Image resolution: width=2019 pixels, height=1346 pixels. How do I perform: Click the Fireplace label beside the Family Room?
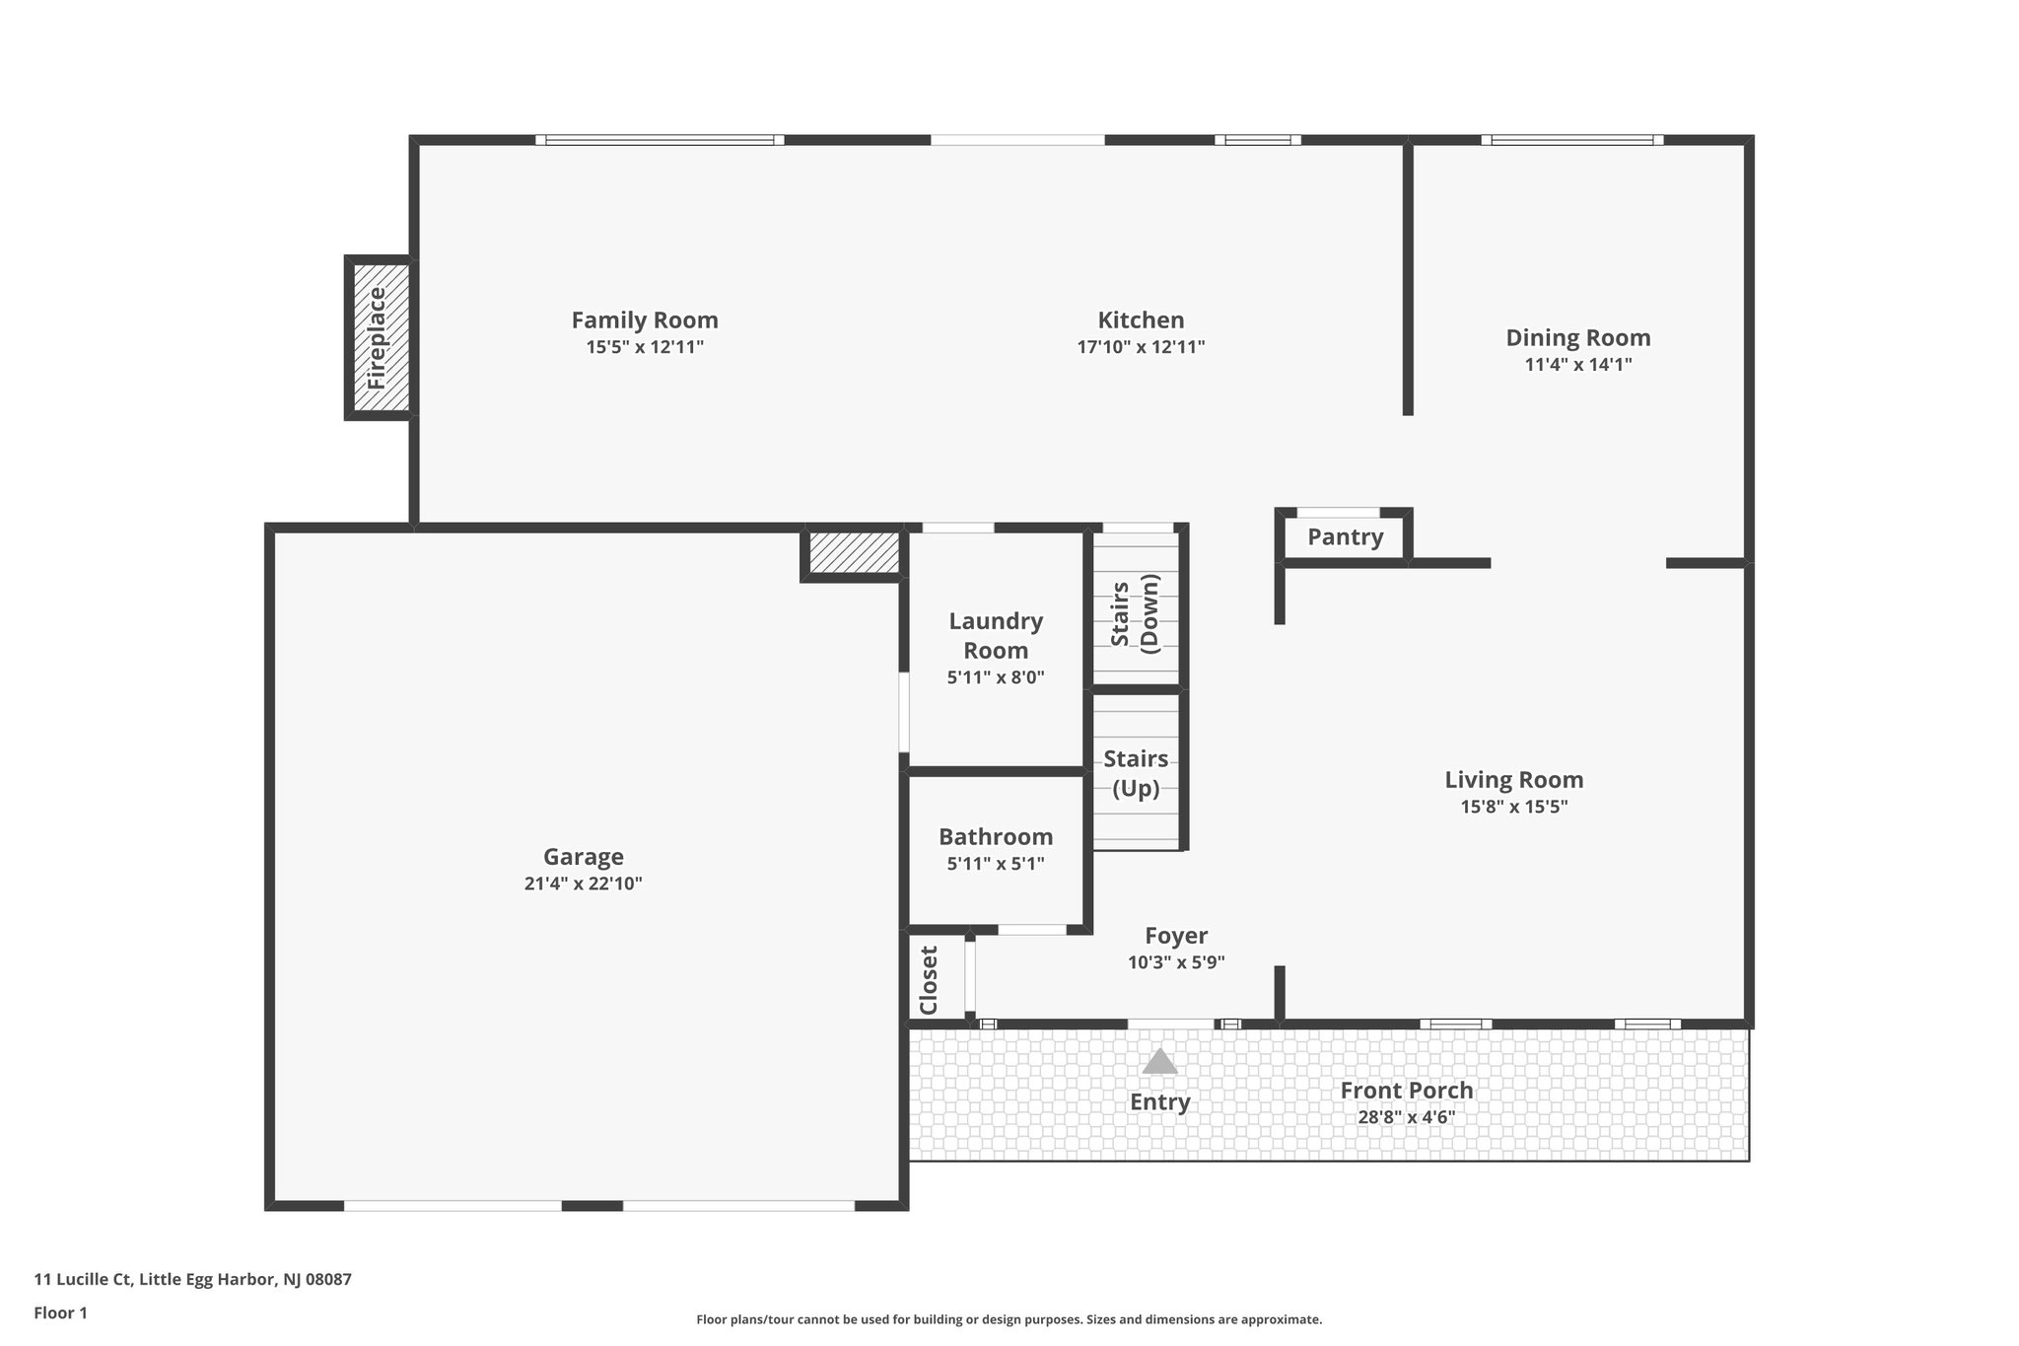(378, 337)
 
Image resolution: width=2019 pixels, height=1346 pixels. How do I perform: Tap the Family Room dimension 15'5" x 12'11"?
(645, 347)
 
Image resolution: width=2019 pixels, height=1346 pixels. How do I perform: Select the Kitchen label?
(1141, 320)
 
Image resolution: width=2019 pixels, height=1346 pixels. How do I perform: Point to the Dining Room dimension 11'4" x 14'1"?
(1577, 365)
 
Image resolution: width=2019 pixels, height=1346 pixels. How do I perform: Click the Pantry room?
(1345, 537)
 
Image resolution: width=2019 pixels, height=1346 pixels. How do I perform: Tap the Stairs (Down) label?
(1135, 612)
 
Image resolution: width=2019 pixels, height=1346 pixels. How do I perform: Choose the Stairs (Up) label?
(1136, 773)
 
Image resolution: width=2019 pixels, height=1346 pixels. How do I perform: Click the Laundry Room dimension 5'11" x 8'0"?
(996, 678)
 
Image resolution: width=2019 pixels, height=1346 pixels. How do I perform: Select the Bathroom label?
(996, 837)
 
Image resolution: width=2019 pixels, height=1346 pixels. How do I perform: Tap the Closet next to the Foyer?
(929, 980)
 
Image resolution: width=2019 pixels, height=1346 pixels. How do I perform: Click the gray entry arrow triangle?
(1160, 1062)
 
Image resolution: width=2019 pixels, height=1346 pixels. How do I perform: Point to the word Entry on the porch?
(1160, 1102)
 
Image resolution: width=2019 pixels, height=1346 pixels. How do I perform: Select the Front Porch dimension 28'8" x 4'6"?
(1406, 1118)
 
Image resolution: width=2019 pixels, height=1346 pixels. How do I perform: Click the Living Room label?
(1514, 780)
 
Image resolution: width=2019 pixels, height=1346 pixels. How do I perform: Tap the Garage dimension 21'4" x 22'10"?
(584, 885)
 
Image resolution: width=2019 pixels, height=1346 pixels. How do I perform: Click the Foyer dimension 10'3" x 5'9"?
(1176, 963)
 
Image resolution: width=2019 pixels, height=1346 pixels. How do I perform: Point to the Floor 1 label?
(60, 1312)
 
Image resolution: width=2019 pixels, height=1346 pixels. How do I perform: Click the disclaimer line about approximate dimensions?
(1009, 1319)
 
